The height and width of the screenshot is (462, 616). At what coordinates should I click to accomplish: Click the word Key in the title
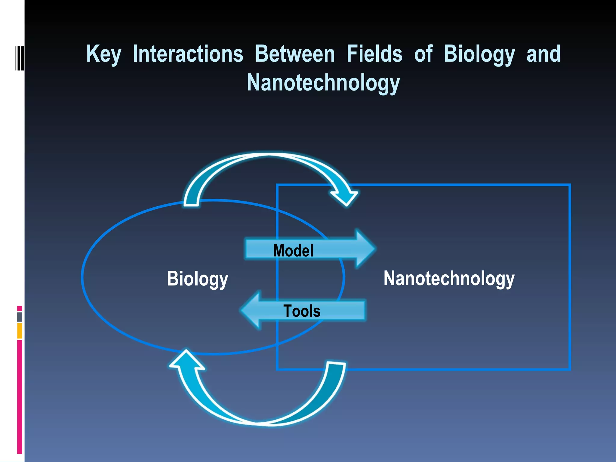[104, 54]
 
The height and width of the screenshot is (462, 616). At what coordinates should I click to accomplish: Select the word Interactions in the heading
[188, 54]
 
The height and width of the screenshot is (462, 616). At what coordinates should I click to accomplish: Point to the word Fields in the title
[374, 54]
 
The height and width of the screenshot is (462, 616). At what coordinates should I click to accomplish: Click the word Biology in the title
[479, 54]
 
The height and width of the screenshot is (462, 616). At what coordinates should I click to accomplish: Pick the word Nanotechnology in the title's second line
[323, 83]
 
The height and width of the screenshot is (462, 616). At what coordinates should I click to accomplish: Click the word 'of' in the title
[423, 54]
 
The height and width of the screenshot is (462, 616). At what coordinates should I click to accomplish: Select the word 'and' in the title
[544, 54]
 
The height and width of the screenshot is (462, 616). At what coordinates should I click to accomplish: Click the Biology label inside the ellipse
[198, 279]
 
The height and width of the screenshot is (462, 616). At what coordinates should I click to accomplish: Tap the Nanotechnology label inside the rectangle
[449, 279]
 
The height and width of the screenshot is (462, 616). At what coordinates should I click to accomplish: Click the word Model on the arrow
[293, 251]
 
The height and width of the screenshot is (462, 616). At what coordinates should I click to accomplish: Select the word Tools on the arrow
[302, 311]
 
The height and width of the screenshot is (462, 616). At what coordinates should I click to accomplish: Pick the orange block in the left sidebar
[20, 331]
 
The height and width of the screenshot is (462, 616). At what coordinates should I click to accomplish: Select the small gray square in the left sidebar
[20, 317]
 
